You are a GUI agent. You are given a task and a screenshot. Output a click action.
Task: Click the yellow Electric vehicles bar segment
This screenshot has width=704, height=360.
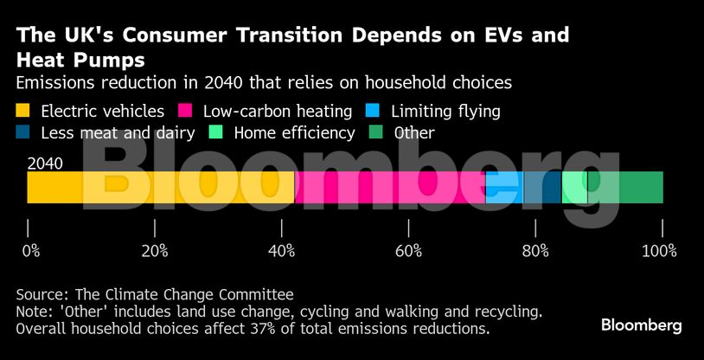point(160,187)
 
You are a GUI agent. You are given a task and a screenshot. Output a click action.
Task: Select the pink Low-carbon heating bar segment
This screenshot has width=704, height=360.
point(389,187)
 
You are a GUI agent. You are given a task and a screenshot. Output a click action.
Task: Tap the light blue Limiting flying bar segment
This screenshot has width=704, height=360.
point(504,187)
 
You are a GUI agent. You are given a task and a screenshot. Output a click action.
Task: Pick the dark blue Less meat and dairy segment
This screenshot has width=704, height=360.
point(542,187)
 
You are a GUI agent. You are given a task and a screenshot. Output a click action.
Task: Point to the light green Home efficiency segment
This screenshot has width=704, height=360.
point(574,187)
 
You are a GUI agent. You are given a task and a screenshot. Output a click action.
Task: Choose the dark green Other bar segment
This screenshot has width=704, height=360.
point(625,187)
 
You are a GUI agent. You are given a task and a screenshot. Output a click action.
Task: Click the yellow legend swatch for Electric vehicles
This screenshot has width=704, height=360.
point(23,111)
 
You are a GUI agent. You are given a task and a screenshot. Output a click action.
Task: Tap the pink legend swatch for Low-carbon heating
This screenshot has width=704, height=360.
point(185,111)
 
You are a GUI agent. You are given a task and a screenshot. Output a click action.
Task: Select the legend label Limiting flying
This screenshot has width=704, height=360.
point(445,111)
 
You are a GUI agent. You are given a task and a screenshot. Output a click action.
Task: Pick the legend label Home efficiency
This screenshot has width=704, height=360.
point(294,132)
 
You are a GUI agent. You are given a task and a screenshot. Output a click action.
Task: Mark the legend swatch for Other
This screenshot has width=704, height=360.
point(376,132)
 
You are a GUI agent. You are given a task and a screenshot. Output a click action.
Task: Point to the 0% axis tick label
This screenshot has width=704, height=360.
point(30,251)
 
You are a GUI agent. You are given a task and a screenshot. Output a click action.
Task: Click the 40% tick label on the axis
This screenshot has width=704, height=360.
point(282,251)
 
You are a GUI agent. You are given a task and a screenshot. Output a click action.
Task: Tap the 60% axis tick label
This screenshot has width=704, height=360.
point(408,251)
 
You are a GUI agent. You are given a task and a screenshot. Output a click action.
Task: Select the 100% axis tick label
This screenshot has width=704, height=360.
point(660,251)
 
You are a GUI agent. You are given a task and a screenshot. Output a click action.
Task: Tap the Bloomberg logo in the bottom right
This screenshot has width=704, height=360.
point(641,325)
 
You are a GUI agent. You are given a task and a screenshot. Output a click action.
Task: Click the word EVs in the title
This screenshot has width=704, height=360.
point(500,35)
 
